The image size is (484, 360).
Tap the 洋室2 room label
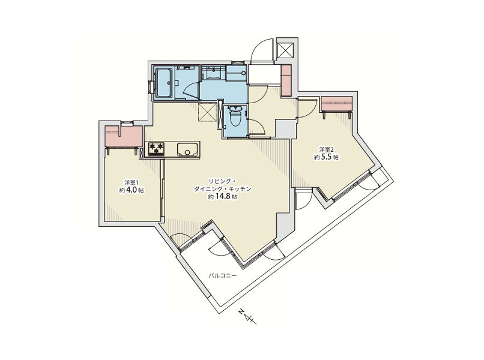point(326,149)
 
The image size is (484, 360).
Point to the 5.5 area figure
point(326,157)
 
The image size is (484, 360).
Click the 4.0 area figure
point(132,190)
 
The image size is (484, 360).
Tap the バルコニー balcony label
point(223,275)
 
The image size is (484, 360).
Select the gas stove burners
point(157,148)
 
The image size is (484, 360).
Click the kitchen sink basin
point(187,149)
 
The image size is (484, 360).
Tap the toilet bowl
point(236,118)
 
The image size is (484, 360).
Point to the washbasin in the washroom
point(213,74)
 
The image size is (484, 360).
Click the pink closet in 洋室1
point(124,136)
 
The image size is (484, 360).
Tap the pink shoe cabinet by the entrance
point(286,80)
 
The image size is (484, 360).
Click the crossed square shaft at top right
point(286,50)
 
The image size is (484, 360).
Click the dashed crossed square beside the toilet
point(207,113)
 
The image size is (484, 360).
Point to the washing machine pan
point(236,73)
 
